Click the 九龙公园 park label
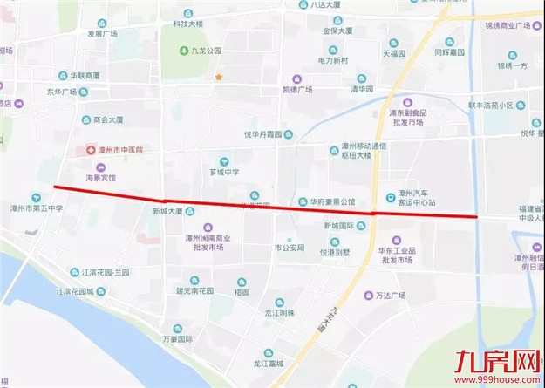[207, 51]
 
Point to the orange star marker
[220, 78]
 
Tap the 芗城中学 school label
[224, 173]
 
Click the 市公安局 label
[289, 248]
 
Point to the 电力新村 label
[332, 60]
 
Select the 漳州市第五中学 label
[37, 208]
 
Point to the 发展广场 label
[102, 34]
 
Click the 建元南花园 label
[200, 290]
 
